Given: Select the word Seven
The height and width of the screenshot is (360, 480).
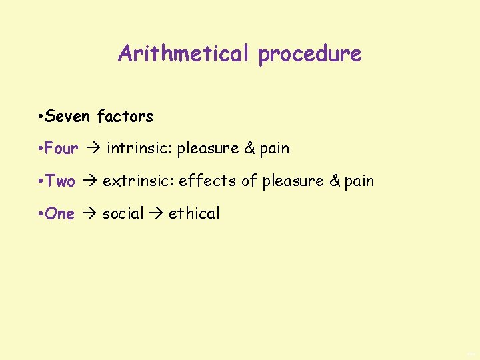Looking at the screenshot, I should (x=69, y=117).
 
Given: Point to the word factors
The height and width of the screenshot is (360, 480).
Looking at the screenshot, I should (x=125, y=117).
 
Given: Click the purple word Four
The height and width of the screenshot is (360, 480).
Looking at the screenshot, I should (x=61, y=149).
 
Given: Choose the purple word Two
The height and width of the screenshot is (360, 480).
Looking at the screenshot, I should (x=60, y=181).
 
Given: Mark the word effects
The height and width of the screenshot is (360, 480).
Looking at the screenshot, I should (x=206, y=181).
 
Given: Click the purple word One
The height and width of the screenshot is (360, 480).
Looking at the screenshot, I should (x=60, y=214).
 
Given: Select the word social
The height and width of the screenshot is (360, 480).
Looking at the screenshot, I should (x=123, y=214).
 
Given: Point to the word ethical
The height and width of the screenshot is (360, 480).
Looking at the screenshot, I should (x=194, y=214).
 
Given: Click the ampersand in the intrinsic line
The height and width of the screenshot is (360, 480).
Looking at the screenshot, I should (x=249, y=149).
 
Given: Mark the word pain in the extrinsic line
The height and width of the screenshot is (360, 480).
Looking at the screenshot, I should (x=359, y=181).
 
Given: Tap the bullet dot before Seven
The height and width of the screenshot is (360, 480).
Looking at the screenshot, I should (x=41, y=117).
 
